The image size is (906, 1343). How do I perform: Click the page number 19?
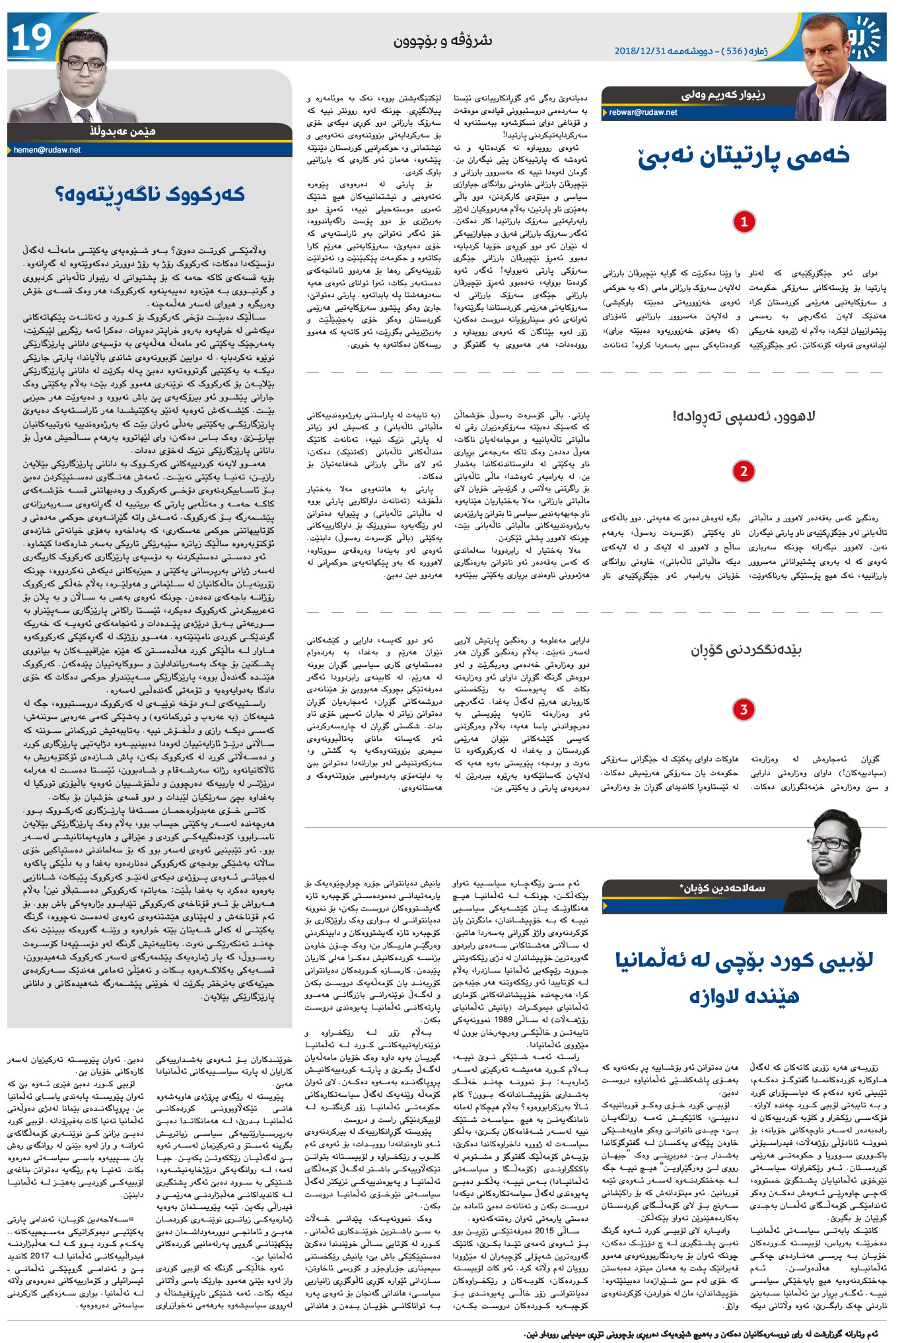pos(32,38)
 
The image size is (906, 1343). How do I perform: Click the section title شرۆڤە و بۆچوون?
pos(443,40)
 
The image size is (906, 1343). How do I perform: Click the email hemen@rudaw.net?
pos(47,151)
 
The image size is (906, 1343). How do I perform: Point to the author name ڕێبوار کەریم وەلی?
pos(723,96)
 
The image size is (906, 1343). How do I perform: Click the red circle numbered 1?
pos(744,221)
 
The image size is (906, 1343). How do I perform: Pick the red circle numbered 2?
pos(744,471)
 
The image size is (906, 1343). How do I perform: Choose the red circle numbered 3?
pos(744,709)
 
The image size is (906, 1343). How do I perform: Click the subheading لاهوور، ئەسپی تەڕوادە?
pos(744,416)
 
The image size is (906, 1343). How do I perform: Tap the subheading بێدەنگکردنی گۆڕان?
pos(746,650)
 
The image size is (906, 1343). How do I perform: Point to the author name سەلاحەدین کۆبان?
pos(722,888)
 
